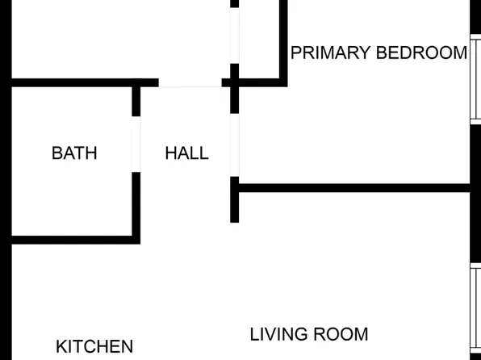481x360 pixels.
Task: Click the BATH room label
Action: tap(74, 153)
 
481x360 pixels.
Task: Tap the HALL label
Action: tap(186, 153)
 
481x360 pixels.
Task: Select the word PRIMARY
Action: tap(330, 52)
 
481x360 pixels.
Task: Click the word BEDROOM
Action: tap(421, 52)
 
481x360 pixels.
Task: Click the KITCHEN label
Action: tap(94, 346)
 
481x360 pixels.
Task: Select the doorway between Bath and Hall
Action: tap(136, 144)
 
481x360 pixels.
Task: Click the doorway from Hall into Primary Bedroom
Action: tap(234, 144)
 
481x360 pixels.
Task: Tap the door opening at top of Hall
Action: tap(190, 82)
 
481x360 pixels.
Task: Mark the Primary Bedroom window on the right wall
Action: tap(476, 79)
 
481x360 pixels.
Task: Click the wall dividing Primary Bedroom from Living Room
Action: tap(354, 188)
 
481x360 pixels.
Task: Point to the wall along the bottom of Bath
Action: tap(76, 240)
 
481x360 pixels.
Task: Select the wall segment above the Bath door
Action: tap(136, 101)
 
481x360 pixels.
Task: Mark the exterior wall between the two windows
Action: tap(476, 194)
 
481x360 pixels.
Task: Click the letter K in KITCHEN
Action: tap(61, 346)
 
